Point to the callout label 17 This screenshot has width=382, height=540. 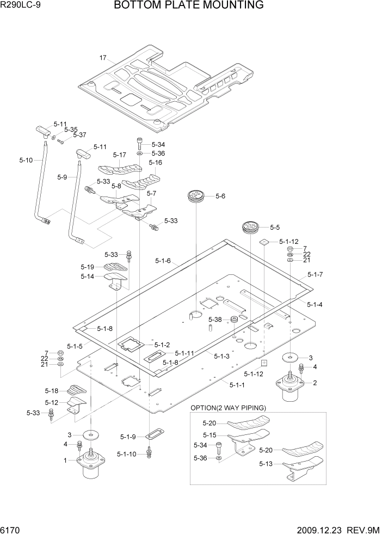click(102, 58)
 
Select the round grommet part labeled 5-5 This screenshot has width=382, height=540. click(250, 227)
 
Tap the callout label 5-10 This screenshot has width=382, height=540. click(26, 160)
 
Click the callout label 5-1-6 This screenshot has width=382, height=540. click(163, 261)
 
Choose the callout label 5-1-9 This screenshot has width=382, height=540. click(129, 437)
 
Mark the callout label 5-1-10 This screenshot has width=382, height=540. click(127, 454)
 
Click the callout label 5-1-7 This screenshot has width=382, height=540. click(315, 274)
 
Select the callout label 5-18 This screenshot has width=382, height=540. click(51, 391)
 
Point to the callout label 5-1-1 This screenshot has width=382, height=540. click(237, 385)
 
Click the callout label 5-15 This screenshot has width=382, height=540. click(210, 435)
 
